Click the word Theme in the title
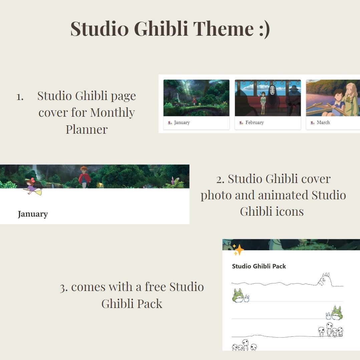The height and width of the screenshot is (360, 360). click(223, 29)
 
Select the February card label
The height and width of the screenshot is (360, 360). click(255, 123)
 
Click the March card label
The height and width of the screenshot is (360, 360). click(323, 122)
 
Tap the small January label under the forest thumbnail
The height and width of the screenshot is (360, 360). click(182, 123)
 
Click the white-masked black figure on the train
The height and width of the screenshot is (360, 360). click(273, 99)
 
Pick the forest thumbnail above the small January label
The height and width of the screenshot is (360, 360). click(197, 98)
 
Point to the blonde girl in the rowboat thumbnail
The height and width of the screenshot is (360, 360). click(351, 99)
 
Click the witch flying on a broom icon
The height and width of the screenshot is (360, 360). click(33, 186)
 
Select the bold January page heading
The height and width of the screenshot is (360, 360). click(33, 214)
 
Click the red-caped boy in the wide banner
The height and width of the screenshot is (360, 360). click(84, 177)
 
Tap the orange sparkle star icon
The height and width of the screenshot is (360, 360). click(238, 250)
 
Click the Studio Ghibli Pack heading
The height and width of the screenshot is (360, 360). click(259, 266)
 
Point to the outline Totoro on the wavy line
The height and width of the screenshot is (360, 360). click(324, 279)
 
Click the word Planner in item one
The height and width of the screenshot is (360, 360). click(87, 129)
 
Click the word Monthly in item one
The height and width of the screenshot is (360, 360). click(112, 113)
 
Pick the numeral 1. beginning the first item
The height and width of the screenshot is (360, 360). click(20, 97)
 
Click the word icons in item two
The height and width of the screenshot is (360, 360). click(290, 211)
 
